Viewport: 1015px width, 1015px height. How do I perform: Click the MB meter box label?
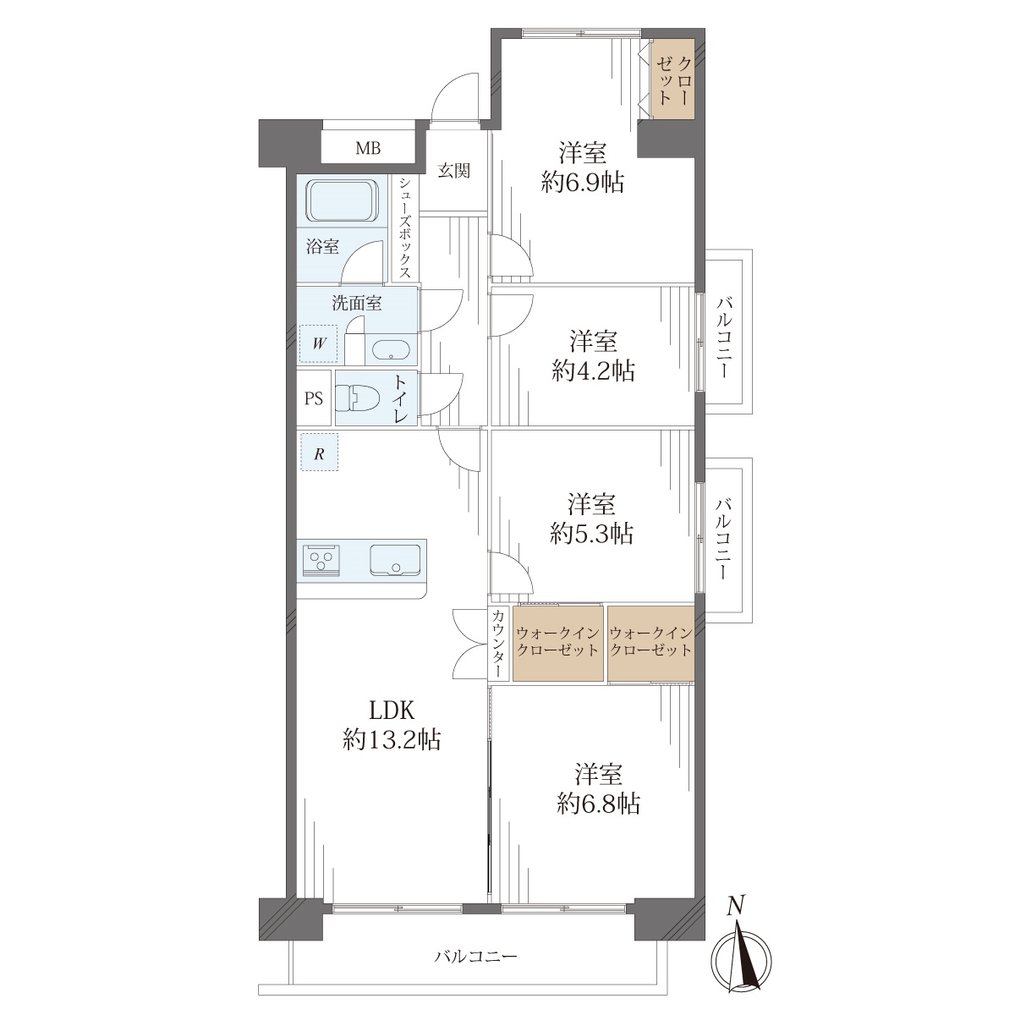tap(368, 148)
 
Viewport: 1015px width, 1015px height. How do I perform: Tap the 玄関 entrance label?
tap(453, 171)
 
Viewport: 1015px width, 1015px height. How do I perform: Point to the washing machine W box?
tap(318, 344)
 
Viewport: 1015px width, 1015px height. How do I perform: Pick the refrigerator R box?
tap(319, 453)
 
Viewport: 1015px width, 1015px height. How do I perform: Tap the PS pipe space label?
tap(314, 398)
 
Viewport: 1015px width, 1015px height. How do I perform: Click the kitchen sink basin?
tap(394, 560)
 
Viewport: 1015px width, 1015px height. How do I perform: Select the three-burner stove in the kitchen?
tap(321, 561)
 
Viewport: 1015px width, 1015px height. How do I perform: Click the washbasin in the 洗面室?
tap(391, 349)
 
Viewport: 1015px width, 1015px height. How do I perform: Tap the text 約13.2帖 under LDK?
tap(392, 740)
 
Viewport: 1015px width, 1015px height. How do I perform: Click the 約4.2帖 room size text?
tap(593, 370)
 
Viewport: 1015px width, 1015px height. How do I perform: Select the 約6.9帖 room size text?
tap(583, 182)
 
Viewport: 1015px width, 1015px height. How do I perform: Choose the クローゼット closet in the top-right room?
tap(672, 80)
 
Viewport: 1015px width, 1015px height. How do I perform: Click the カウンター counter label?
tap(497, 643)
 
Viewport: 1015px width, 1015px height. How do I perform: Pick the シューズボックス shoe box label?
tap(405, 228)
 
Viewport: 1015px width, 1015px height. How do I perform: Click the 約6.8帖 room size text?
tap(599, 804)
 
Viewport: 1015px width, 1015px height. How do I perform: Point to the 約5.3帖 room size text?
tap(591, 535)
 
